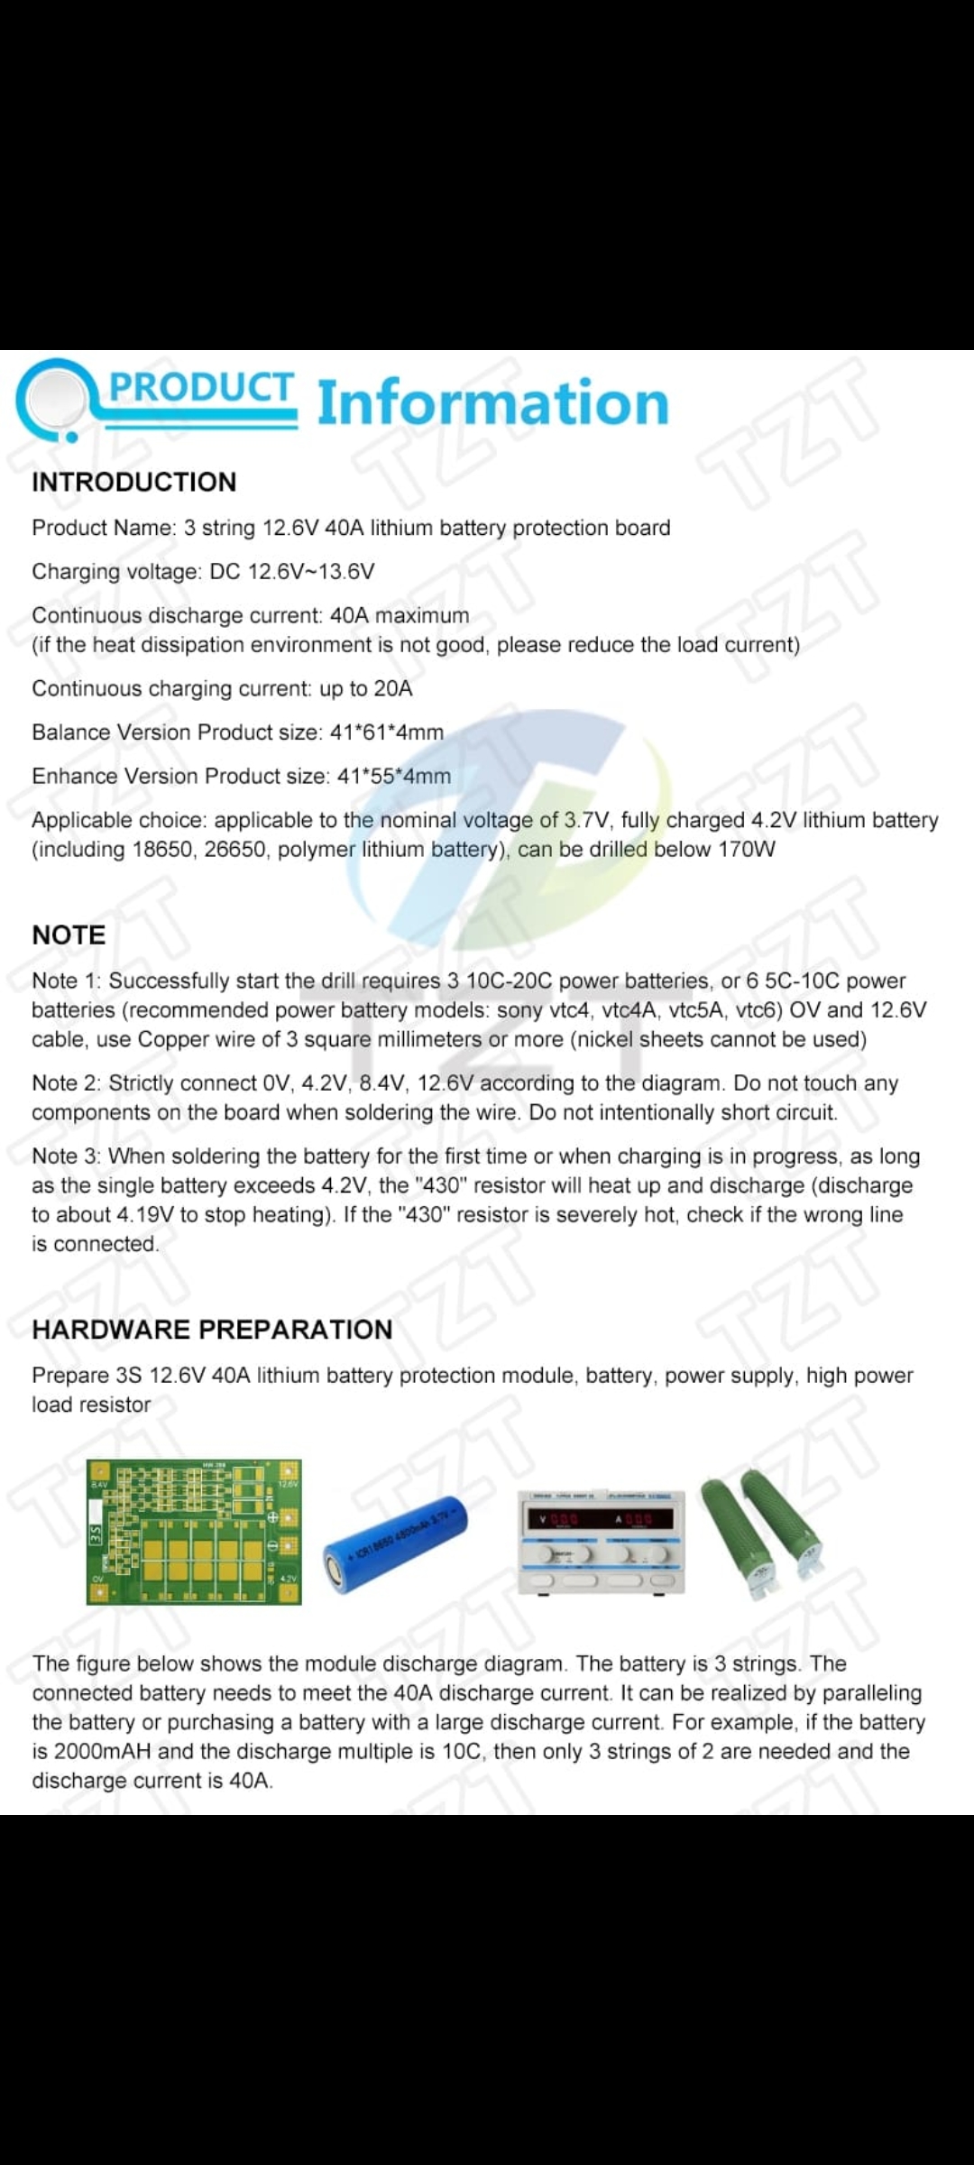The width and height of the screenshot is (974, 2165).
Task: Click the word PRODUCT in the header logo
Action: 201,388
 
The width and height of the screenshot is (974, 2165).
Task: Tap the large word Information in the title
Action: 493,403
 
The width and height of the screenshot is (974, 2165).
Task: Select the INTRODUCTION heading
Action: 134,483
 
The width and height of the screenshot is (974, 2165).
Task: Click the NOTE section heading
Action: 69,935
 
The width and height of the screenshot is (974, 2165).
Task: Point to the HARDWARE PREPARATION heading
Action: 212,1330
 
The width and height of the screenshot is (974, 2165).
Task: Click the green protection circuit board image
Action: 194,1532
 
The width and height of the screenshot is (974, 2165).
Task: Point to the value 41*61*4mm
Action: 387,732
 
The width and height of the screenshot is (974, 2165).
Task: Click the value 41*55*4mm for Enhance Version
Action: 394,777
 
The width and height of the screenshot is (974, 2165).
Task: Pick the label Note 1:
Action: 66,981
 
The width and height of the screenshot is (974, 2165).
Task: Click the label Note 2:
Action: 66,1083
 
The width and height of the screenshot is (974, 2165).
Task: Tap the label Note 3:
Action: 66,1156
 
